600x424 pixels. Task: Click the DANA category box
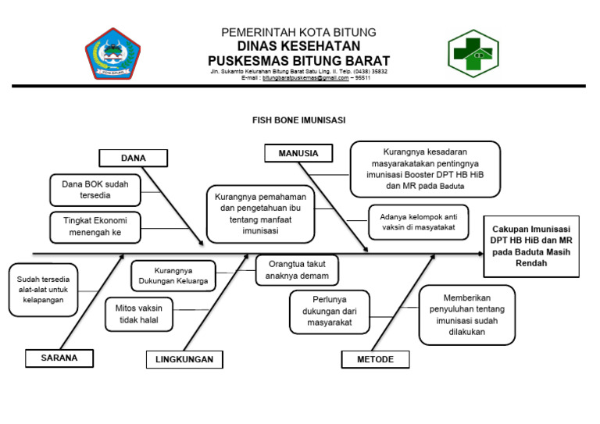tap(134, 158)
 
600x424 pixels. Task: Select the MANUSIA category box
tap(298, 154)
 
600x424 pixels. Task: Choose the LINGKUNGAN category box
tap(184, 359)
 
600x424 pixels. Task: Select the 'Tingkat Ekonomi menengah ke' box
tap(95, 226)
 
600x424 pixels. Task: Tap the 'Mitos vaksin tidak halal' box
tap(139, 314)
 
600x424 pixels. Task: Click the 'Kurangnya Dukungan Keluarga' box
tap(173, 276)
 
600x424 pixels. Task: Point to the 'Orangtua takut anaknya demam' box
tap(297, 270)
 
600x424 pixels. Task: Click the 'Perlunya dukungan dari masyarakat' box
tap(329, 311)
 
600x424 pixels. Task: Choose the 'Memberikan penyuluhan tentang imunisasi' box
tap(466, 315)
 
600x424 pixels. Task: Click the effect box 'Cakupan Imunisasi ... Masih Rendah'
tap(531, 247)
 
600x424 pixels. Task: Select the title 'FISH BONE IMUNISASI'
tap(298, 121)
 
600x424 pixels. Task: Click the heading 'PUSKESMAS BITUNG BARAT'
tap(298, 60)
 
